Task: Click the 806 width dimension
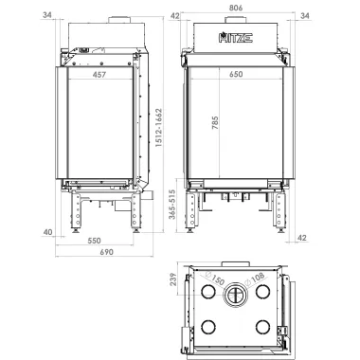(x=236, y=8)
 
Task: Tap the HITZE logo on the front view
(x=236, y=38)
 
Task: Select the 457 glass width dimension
(x=99, y=75)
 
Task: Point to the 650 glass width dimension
(x=236, y=74)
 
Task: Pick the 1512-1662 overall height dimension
(x=159, y=128)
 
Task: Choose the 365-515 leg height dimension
(x=172, y=205)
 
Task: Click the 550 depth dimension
(x=94, y=241)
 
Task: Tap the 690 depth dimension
(x=107, y=252)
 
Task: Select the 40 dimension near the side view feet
(x=47, y=232)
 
